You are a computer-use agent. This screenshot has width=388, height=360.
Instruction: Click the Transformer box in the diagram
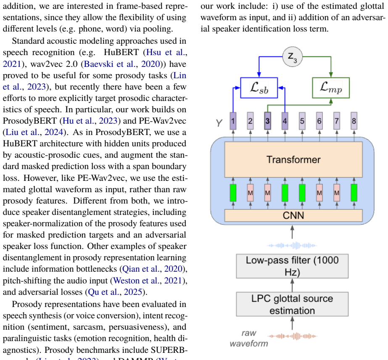(293, 159)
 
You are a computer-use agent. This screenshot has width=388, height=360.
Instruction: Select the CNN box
(293, 215)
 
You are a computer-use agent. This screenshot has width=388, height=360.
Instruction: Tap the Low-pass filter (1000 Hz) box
(292, 266)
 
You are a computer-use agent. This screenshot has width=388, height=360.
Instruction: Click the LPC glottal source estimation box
(292, 304)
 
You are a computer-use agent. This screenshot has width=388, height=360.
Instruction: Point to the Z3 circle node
(293, 57)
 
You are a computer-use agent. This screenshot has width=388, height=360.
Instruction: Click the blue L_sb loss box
(259, 88)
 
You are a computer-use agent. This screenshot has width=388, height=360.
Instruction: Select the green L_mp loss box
(331, 88)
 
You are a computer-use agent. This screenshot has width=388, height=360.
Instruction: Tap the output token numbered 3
(267, 121)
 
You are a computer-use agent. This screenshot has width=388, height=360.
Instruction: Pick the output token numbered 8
(354, 121)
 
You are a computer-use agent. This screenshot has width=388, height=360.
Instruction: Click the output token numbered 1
(233, 121)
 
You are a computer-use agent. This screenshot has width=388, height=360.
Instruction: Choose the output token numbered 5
(302, 121)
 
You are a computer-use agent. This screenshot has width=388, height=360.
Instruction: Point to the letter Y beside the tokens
(219, 123)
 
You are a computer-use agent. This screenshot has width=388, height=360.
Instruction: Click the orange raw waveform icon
(292, 336)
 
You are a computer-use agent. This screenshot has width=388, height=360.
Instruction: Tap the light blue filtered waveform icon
(292, 246)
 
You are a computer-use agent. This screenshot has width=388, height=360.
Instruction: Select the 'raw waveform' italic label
(249, 338)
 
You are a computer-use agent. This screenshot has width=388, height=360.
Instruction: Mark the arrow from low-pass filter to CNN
(292, 232)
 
